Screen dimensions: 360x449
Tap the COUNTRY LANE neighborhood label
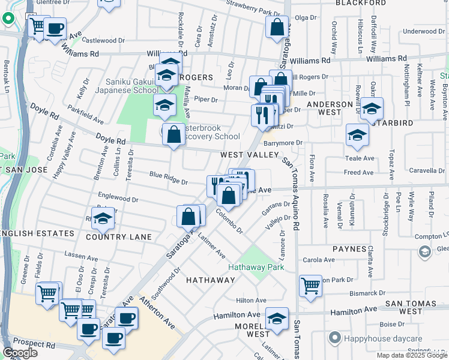tap(119, 237)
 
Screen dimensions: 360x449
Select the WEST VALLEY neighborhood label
tap(249, 155)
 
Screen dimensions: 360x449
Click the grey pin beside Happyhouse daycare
tap(336, 337)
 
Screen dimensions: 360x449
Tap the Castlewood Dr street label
tap(101, 41)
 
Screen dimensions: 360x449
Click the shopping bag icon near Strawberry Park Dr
tap(277, 27)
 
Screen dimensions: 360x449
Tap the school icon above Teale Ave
tap(357, 136)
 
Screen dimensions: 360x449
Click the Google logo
tap(20, 353)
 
